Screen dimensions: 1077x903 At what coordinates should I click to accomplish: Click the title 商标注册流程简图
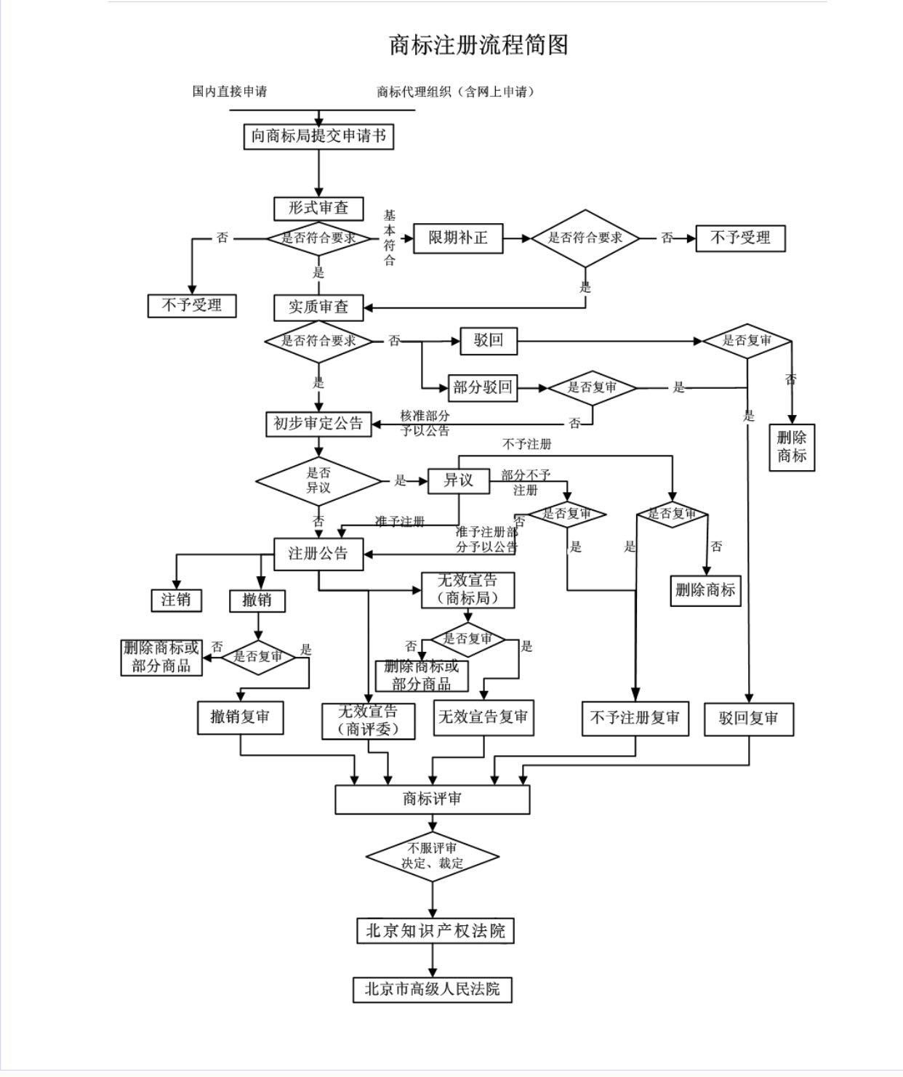pyautogui.click(x=478, y=45)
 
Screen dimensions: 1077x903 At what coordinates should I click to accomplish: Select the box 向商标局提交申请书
pyautogui.click(x=318, y=136)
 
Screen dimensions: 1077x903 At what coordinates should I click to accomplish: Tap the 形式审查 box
pyautogui.click(x=318, y=208)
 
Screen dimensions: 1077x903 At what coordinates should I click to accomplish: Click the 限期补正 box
pyautogui.click(x=458, y=238)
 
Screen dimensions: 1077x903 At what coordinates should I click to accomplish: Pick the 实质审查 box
pyautogui.click(x=318, y=307)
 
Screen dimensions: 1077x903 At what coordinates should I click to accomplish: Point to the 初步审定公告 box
pyautogui.click(x=318, y=423)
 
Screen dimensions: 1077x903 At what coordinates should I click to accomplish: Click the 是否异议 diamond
pyautogui.click(x=318, y=481)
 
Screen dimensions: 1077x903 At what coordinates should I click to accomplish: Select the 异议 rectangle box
pyautogui.click(x=458, y=480)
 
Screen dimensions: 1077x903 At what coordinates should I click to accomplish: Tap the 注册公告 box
pyautogui.click(x=318, y=554)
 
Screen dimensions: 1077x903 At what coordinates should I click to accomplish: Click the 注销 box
pyautogui.click(x=176, y=600)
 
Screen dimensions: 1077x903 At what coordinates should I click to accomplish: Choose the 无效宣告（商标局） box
pyautogui.click(x=468, y=589)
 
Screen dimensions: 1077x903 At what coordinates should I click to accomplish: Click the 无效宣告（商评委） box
pyautogui.click(x=369, y=720)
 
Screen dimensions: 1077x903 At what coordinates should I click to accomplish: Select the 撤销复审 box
pyautogui.click(x=240, y=717)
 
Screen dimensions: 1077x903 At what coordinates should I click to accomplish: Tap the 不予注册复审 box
pyautogui.click(x=635, y=718)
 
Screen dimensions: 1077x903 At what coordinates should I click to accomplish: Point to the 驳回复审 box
pyautogui.click(x=748, y=719)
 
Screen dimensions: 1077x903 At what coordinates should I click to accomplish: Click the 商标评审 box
pyautogui.click(x=432, y=799)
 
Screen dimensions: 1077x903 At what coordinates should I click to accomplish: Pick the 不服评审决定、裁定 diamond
pyautogui.click(x=433, y=856)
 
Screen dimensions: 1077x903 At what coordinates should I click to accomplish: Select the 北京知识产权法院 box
pyautogui.click(x=435, y=931)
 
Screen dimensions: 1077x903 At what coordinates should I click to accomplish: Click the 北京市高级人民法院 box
pyautogui.click(x=433, y=990)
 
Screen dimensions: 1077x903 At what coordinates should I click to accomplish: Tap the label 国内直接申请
pyautogui.click(x=230, y=92)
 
